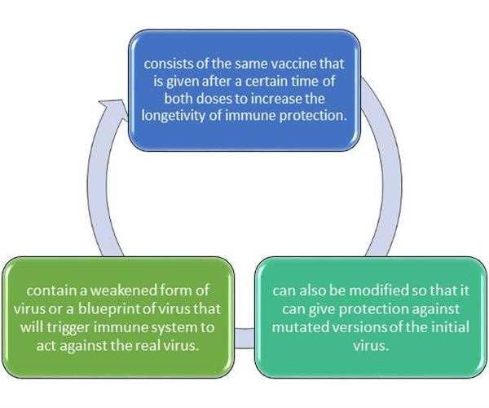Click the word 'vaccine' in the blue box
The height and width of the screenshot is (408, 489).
coord(293,64)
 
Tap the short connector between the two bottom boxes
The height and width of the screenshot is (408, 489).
coord(244,338)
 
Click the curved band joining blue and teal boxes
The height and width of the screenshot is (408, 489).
coord(392,175)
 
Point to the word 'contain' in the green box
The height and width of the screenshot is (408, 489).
coord(52,290)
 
